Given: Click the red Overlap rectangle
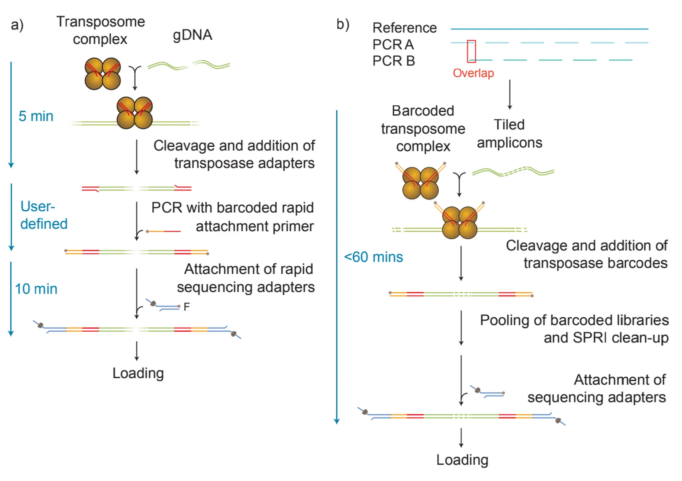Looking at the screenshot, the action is [x=467, y=51].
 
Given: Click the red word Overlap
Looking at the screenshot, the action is [x=473, y=73].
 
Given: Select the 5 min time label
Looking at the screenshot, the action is [x=36, y=116].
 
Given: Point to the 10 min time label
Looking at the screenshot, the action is [x=36, y=289].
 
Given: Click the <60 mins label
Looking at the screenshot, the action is [x=374, y=257].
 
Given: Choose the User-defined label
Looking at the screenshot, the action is [x=44, y=215].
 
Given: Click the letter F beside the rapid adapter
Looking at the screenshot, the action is [x=187, y=307].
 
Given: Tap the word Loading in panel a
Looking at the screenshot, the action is [x=138, y=374].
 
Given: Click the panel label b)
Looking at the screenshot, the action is [x=343, y=24].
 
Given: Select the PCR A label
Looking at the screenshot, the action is [x=393, y=45].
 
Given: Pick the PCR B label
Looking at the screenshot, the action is [x=394, y=61].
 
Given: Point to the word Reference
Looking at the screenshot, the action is [x=405, y=28].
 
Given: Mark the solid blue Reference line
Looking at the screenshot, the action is [x=549, y=29].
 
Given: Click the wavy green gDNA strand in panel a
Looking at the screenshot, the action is [x=189, y=65].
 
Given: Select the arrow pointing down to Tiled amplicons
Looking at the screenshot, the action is [x=510, y=95].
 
